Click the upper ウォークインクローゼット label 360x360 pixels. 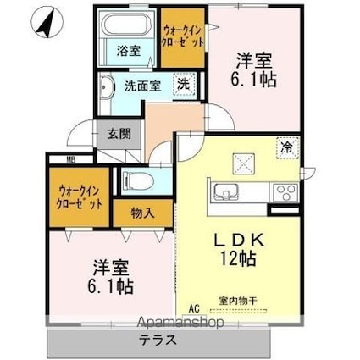(x=182, y=34)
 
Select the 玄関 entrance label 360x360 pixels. (x=118, y=132)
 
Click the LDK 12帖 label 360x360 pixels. (x=241, y=248)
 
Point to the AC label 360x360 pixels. (x=192, y=308)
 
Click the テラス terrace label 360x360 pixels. (x=156, y=341)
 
